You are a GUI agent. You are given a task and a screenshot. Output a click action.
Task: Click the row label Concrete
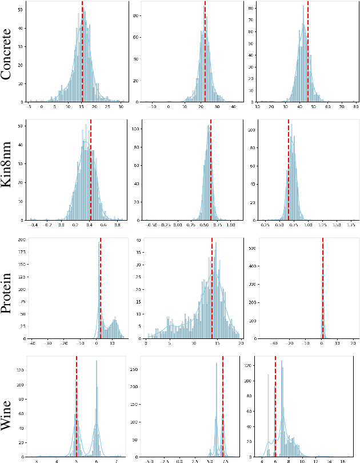pyautogui.click(x=10, y=55)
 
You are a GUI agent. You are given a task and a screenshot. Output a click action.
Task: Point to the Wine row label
pyautogui.click(x=10, y=409)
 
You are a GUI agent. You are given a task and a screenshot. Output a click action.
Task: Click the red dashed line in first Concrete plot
pyautogui.click(x=82, y=54)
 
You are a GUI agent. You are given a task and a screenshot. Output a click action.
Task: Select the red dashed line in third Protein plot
pyautogui.click(x=322, y=289)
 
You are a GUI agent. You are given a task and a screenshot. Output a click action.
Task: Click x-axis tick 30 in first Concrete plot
pyautogui.click(x=121, y=107)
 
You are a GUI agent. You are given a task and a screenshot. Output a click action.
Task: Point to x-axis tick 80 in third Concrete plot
pyautogui.click(x=355, y=107)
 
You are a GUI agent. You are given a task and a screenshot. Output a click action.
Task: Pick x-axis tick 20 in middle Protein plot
pyautogui.click(x=240, y=344)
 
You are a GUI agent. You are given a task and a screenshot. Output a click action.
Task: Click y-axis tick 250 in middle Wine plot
pyautogui.click(x=135, y=369)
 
